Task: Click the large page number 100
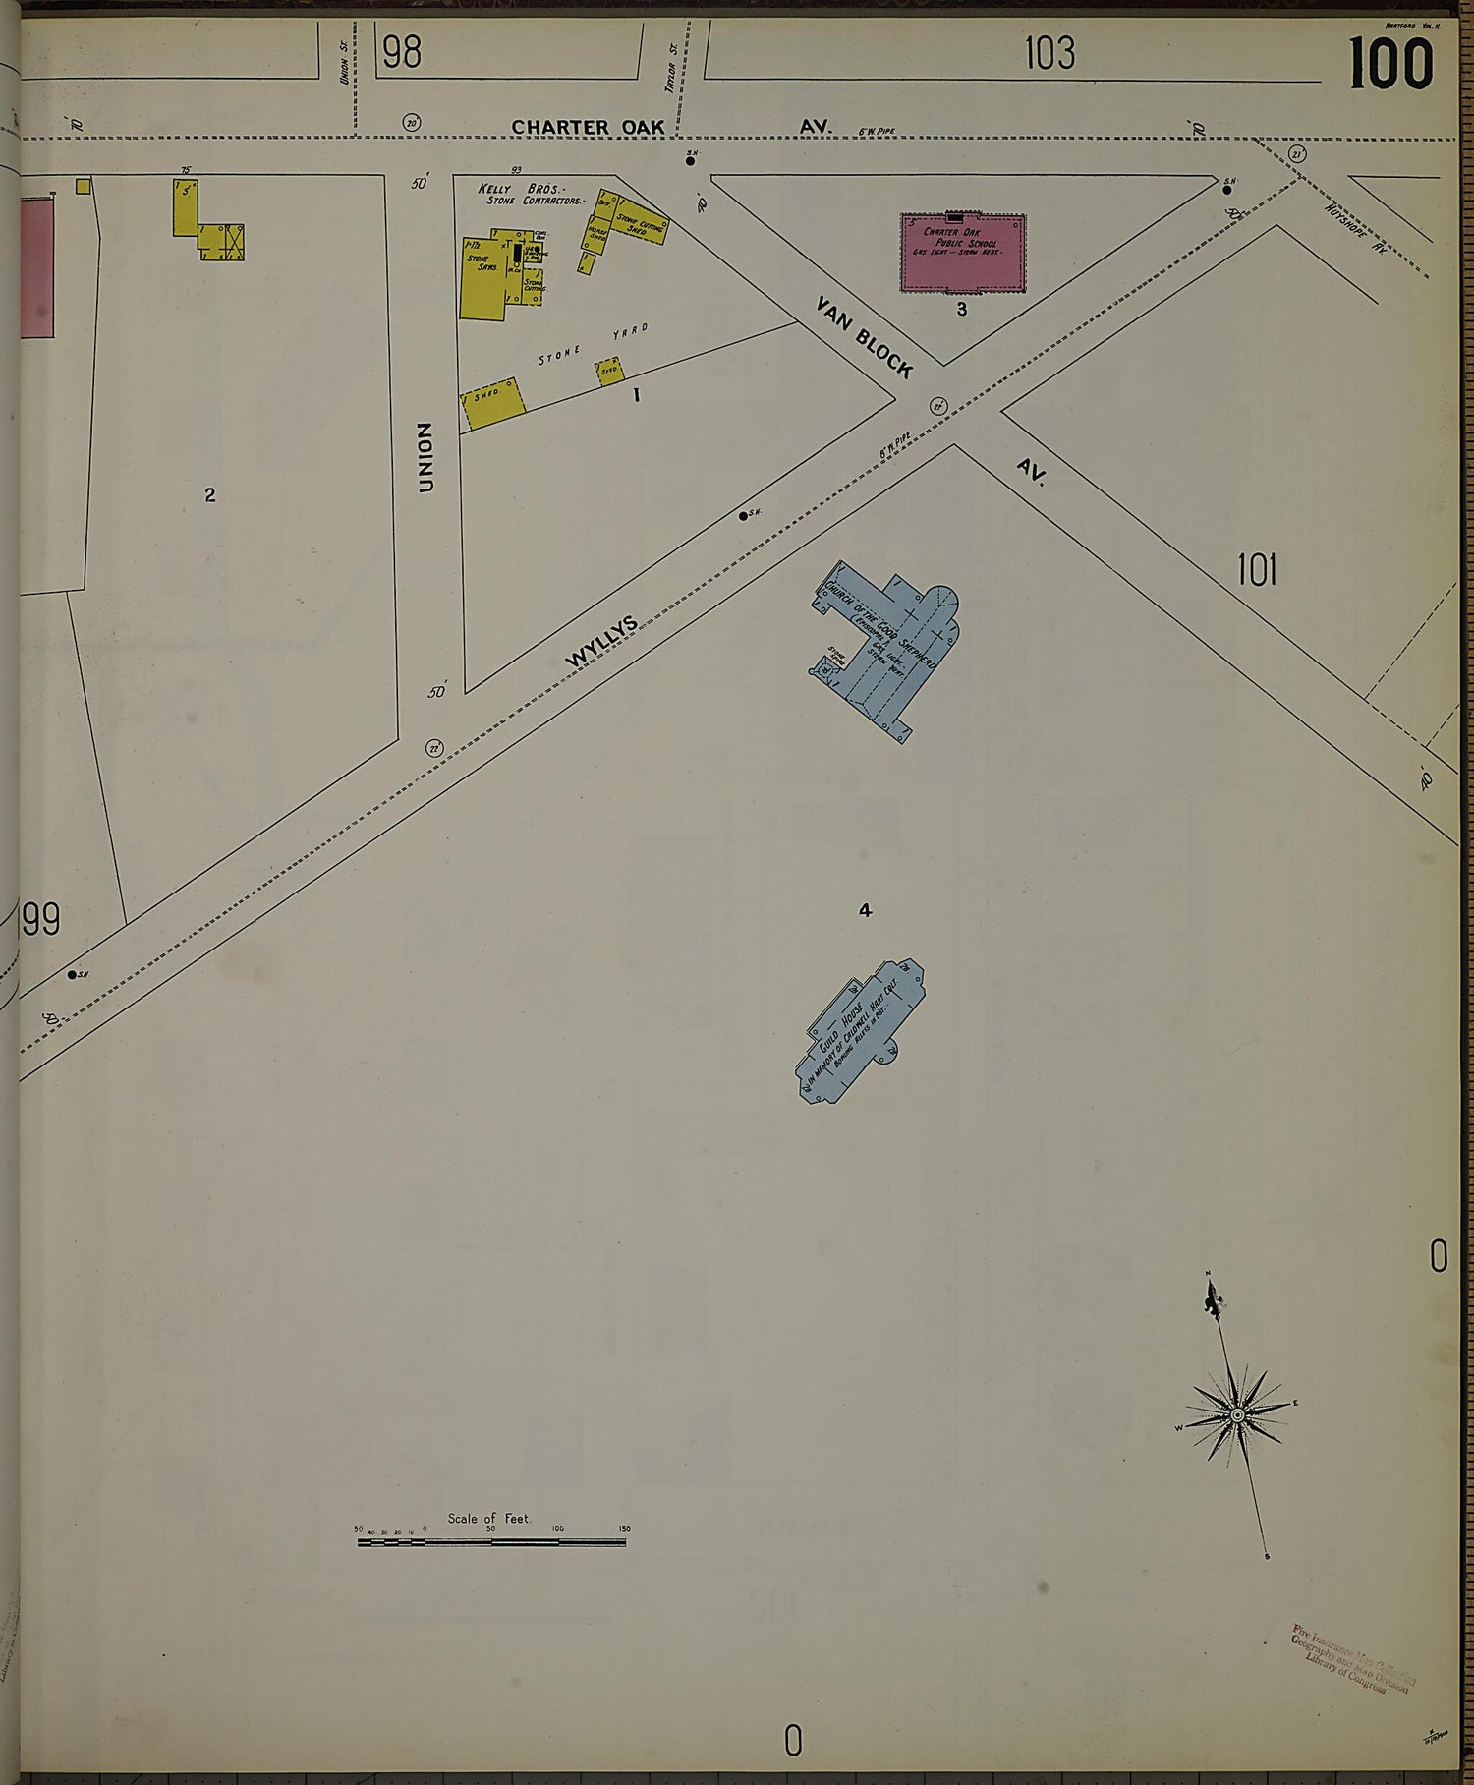tap(1390, 64)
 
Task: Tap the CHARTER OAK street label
tap(588, 128)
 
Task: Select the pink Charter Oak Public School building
tap(963, 253)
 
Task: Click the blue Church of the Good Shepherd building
tap(889, 644)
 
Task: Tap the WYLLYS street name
tap(601, 641)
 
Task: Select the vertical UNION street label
tap(425, 457)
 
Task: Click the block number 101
tap(1256, 570)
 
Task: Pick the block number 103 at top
tap(1049, 53)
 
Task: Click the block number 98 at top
tap(401, 52)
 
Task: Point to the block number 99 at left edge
tap(41, 920)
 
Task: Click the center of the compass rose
tap(1237, 1414)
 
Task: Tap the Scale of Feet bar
tap(491, 1542)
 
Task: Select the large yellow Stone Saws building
tap(482, 275)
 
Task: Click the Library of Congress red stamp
tap(1354, 1659)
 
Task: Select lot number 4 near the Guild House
tap(865, 911)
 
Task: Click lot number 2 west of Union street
tap(210, 495)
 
